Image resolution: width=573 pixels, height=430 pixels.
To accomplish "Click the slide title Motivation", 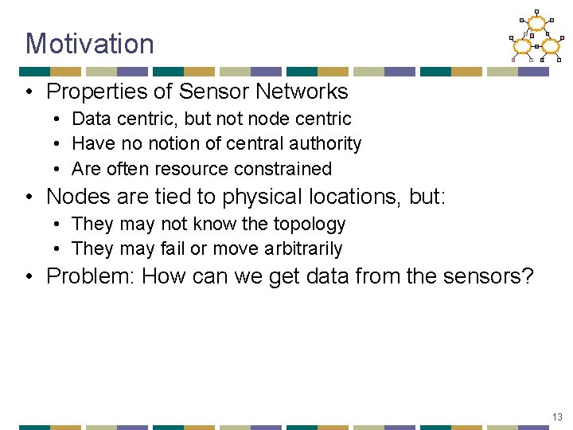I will click(x=89, y=43).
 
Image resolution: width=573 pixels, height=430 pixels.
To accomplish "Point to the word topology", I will click(x=309, y=225).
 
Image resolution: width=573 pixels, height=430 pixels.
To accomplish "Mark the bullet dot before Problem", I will click(x=29, y=277).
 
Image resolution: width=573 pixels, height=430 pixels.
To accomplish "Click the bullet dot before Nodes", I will click(x=29, y=197).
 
